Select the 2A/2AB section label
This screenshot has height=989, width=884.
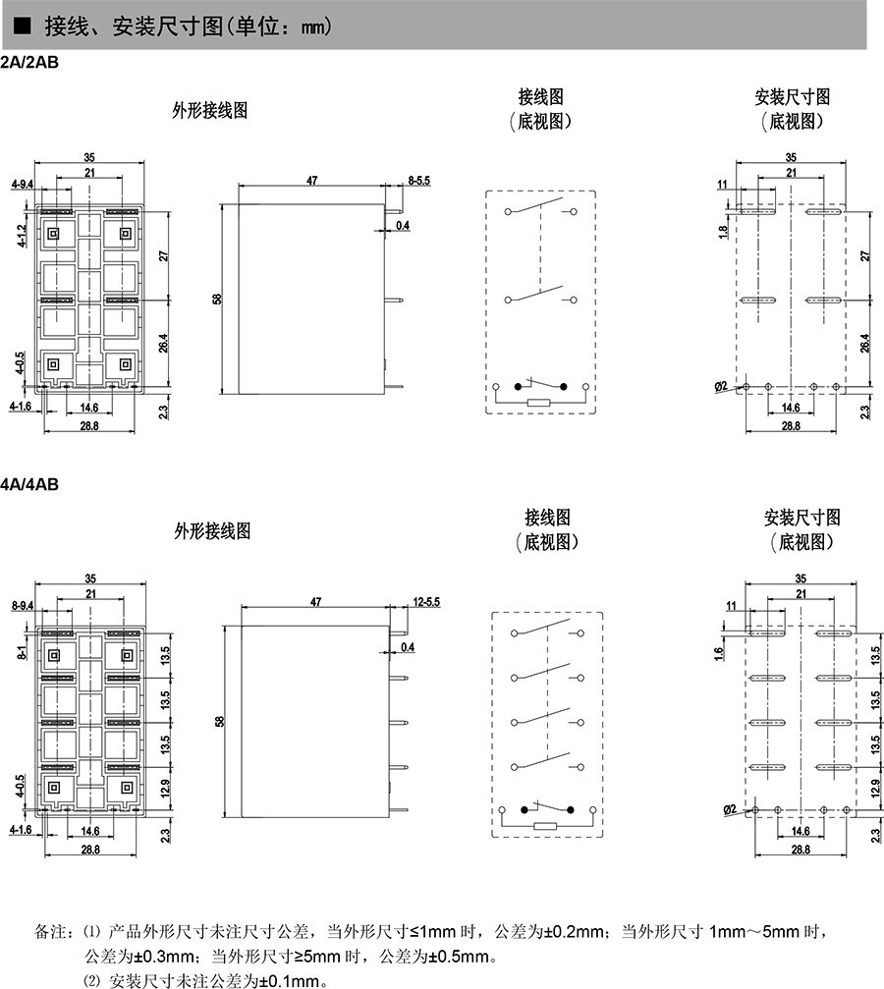point(30,62)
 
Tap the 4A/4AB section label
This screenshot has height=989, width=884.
point(30,483)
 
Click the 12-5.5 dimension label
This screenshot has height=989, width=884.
point(425,600)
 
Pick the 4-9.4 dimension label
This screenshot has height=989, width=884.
point(23,185)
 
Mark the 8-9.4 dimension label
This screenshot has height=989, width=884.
point(23,604)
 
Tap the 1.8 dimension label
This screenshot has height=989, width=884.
point(723,231)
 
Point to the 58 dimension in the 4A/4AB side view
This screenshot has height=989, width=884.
point(220,721)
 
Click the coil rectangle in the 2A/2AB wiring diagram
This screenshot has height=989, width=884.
point(539,403)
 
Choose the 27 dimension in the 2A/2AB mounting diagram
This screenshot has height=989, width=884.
point(865,255)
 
